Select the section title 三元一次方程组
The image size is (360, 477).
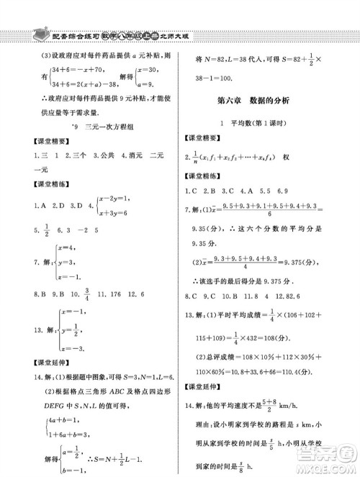(x=107, y=127)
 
